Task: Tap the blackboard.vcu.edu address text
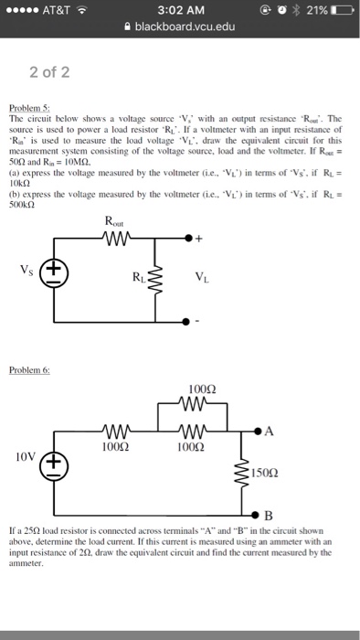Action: pos(185,27)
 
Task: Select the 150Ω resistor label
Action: pos(272,475)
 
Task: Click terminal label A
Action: pos(271,432)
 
